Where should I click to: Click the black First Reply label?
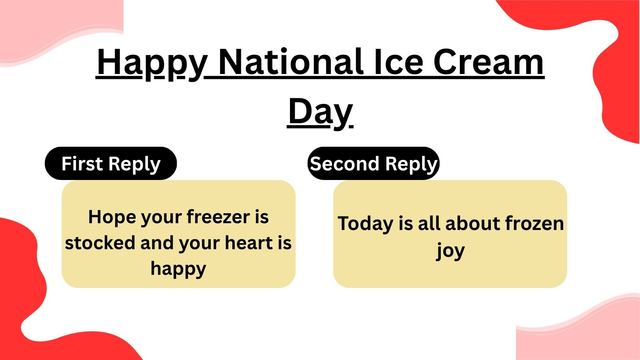(111, 164)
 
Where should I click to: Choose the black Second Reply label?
(374, 164)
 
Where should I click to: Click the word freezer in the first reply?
(218, 217)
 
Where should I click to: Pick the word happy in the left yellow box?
(178, 269)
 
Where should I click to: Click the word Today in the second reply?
(365, 224)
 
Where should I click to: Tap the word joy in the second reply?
(450, 251)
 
